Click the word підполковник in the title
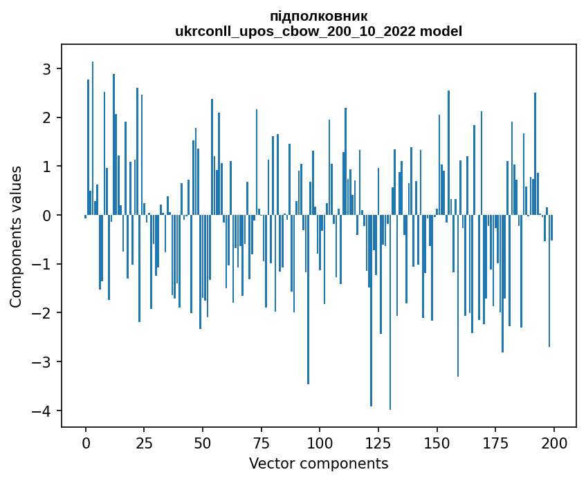pyautogui.click(x=318, y=16)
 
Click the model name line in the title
pyautogui.click(x=318, y=31)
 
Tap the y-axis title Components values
pyautogui.click(x=16, y=236)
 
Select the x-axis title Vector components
pyautogui.click(x=318, y=463)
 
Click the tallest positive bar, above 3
pyautogui.click(x=93, y=138)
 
